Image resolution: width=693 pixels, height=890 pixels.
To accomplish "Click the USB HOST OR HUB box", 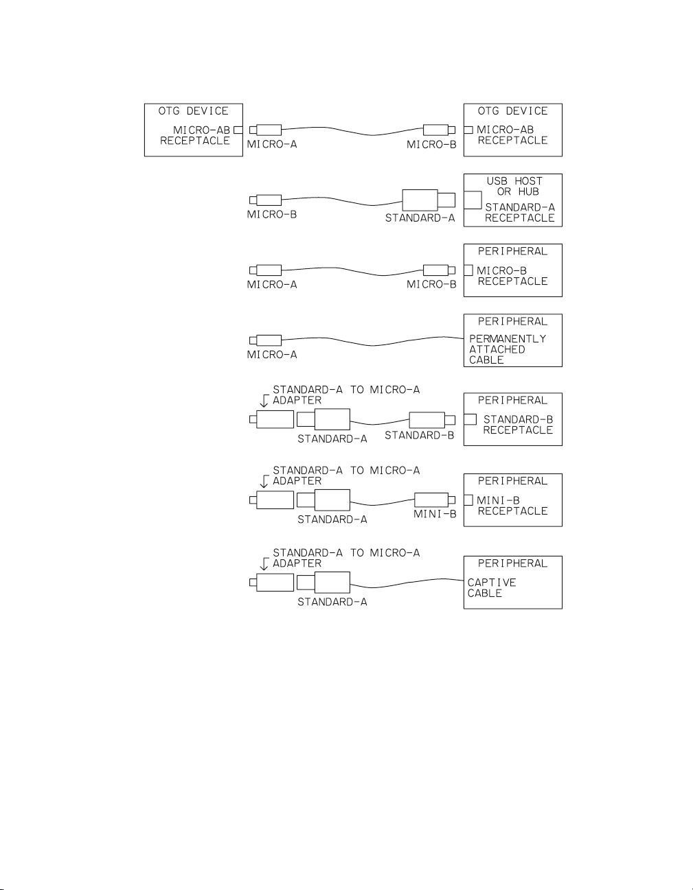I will click(513, 200).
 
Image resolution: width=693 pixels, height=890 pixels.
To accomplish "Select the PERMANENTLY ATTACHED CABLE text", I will click(507, 349).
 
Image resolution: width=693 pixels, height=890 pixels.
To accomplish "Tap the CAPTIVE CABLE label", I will click(491, 587).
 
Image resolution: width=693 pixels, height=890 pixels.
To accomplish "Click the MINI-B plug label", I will click(435, 514).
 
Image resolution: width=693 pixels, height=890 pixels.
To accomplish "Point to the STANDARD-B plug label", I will click(419, 436).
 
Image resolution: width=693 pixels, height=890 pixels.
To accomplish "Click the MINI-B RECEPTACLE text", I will click(512, 506).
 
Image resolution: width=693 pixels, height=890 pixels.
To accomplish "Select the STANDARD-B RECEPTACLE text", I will click(518, 425).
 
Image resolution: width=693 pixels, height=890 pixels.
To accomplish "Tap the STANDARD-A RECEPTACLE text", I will click(519, 213).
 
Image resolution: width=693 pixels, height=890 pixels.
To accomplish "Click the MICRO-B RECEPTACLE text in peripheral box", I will click(512, 276).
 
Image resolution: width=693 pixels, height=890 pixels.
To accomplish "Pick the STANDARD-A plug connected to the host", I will click(420, 200).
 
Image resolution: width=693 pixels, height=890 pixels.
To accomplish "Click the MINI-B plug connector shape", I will click(431, 500).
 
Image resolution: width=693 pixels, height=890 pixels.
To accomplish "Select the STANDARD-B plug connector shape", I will click(427, 420).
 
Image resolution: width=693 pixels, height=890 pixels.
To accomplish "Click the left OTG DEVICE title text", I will click(193, 111).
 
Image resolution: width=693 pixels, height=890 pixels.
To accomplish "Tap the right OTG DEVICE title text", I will click(512, 111).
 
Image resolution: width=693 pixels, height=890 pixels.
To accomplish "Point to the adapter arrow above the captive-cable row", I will click(264, 564).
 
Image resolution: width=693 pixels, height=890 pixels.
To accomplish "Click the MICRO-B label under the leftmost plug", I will click(272, 215).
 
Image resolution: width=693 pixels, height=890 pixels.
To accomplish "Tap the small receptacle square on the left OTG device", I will click(238, 130).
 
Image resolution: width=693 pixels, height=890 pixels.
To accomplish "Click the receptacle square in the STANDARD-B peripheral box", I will click(470, 419).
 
